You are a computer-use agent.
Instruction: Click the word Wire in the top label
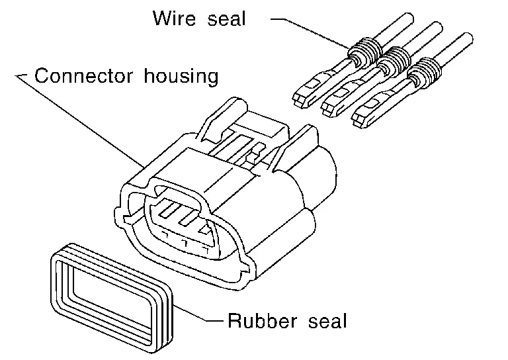173,18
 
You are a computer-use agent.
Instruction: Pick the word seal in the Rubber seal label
326,322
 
